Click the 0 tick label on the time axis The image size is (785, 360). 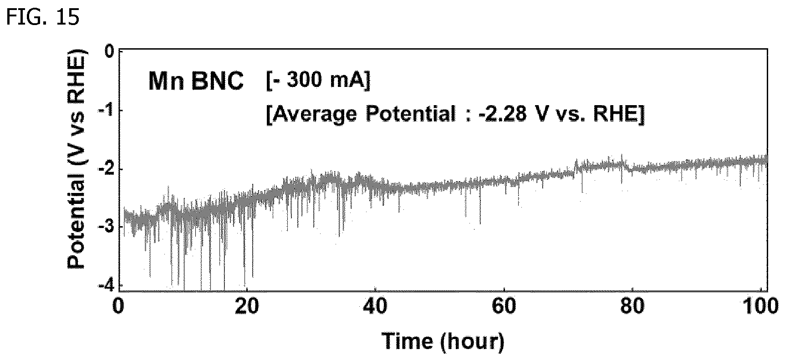(119, 308)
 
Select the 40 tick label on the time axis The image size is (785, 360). (375, 308)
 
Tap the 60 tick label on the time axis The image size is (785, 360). (504, 308)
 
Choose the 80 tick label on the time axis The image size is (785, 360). (633, 308)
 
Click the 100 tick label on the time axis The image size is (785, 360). (763, 308)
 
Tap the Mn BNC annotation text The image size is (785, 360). (196, 82)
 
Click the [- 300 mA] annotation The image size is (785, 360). (317, 81)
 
